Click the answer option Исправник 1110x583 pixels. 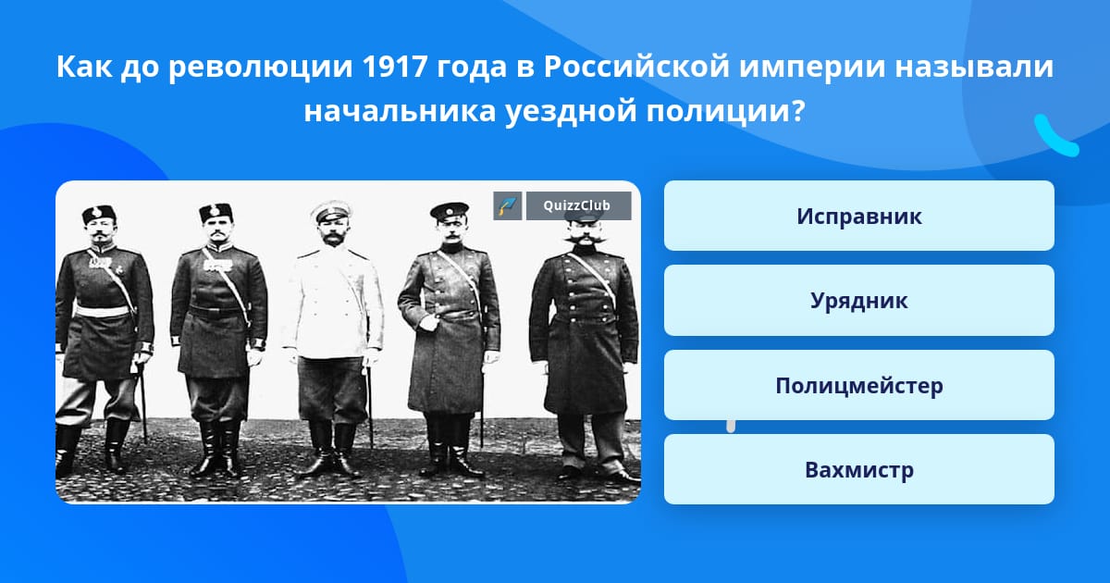[858, 216]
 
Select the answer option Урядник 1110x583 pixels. [858, 301]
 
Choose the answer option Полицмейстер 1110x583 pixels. [858, 385]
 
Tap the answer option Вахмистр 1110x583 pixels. [858, 469]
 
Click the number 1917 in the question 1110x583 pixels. [394, 67]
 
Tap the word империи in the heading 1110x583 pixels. [812, 68]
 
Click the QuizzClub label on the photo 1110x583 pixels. [578, 205]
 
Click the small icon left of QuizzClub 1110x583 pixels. [508, 205]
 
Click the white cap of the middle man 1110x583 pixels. [327, 212]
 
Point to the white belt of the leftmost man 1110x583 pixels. [103, 311]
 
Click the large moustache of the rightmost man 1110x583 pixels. [586, 239]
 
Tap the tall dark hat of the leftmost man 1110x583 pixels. [99, 214]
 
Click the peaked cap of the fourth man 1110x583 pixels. [450, 211]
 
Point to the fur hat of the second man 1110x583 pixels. [216, 212]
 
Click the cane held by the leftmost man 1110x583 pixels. [143, 403]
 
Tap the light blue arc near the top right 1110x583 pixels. [1055, 136]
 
